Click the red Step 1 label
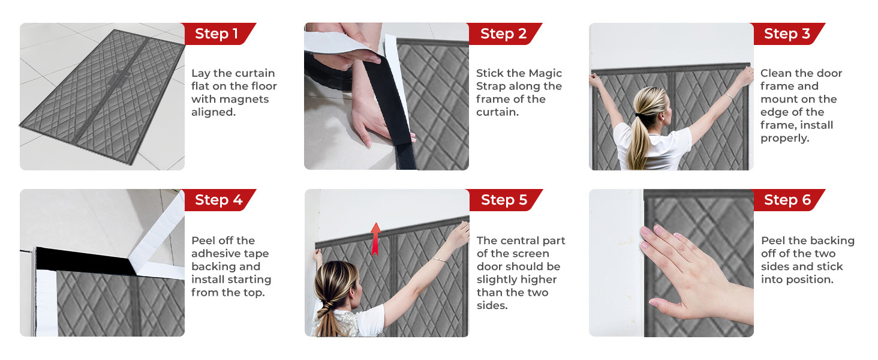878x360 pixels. tap(217, 34)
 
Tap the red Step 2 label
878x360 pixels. tap(503, 34)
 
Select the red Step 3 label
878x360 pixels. tap(787, 34)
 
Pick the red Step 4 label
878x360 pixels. tap(218, 200)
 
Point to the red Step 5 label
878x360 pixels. tap(504, 200)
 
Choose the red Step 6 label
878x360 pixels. tap(787, 200)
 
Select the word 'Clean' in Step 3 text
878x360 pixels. tap(778, 73)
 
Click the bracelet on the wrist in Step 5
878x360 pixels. tap(440, 260)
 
